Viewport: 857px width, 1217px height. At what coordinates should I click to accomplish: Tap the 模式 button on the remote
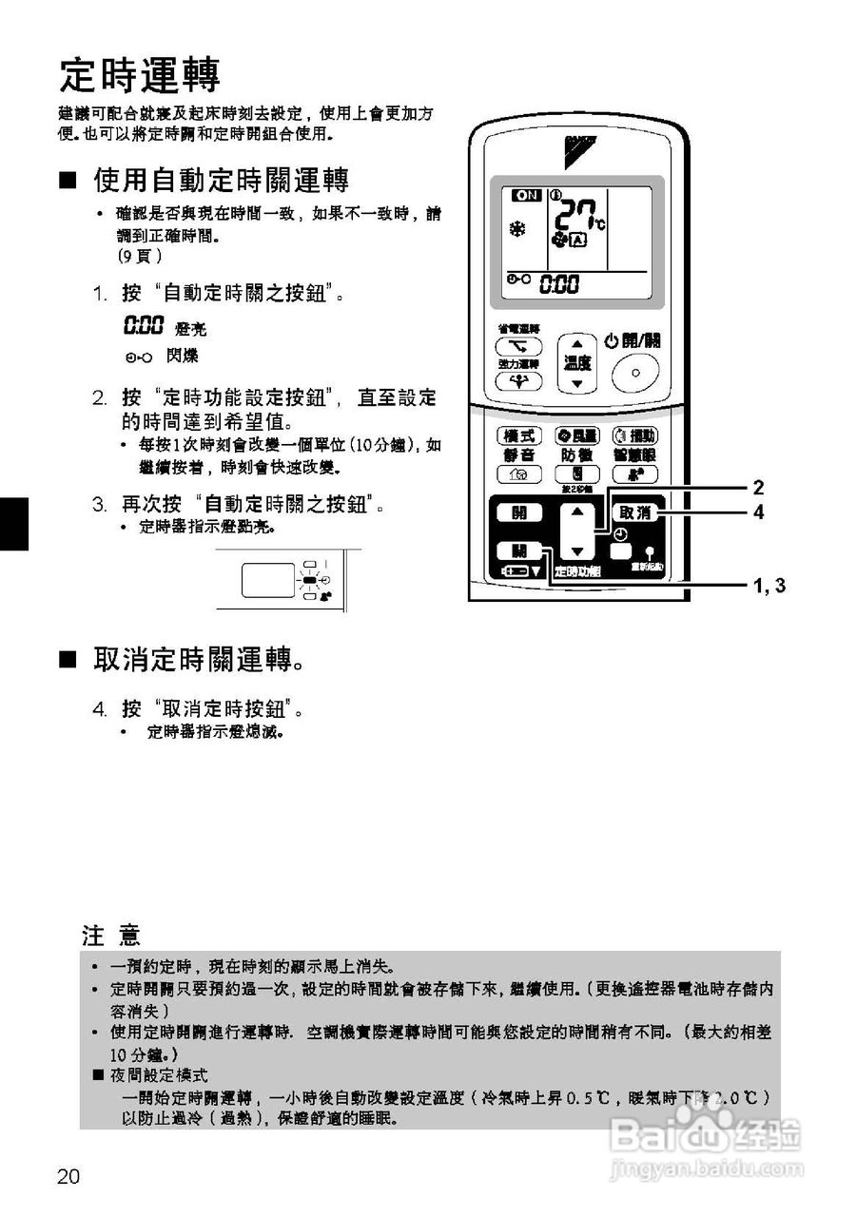click(519, 435)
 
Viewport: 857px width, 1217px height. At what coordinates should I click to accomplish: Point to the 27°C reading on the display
click(575, 216)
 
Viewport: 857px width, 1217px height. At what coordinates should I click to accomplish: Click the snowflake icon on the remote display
click(517, 230)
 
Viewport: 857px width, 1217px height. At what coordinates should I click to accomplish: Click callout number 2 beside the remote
click(758, 488)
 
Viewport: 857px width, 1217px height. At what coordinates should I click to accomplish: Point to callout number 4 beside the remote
click(758, 512)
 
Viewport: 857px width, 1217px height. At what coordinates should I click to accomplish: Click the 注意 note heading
click(111, 936)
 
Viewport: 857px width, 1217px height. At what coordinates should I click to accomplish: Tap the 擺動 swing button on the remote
click(635, 435)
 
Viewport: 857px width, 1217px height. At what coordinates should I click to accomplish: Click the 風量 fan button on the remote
click(576, 435)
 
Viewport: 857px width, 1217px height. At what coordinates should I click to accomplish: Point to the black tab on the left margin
click(13, 523)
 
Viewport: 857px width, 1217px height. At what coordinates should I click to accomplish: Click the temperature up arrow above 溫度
click(576, 346)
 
